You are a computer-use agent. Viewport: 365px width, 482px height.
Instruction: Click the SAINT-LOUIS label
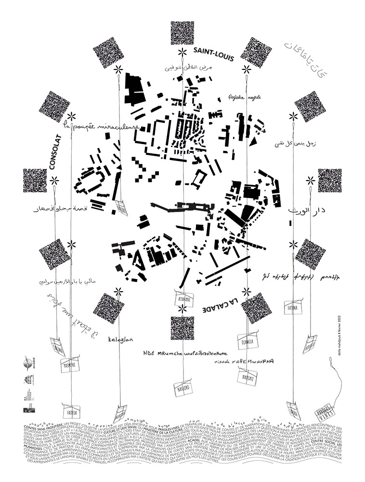coord(213,55)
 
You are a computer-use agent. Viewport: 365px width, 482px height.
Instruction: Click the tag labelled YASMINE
coord(69,366)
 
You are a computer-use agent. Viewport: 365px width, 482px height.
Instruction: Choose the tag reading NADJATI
coord(248,379)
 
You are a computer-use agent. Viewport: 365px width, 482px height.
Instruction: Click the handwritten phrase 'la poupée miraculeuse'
coord(101,127)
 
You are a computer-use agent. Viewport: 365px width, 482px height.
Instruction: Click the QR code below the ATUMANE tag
coord(182,329)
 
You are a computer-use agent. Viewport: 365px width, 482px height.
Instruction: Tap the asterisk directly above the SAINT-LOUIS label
coord(182,52)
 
